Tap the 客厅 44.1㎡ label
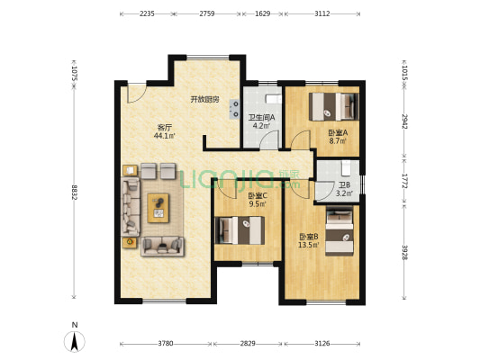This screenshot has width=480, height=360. [x=165, y=131]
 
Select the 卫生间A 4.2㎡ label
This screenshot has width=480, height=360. [x=261, y=121]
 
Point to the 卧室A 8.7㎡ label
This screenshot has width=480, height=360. [x=338, y=137]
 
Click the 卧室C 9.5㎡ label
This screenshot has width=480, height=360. [x=258, y=200]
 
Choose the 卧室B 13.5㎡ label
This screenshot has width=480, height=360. [x=309, y=240]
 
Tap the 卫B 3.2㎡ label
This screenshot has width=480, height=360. [x=344, y=189]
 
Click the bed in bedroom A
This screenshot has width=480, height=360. [x=334, y=106]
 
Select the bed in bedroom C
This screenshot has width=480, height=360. [x=240, y=230]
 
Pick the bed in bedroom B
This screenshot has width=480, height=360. [x=340, y=230]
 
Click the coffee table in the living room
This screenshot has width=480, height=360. [x=158, y=208]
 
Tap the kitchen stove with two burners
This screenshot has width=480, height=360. [x=234, y=110]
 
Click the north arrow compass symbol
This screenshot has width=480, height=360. [x=75, y=340]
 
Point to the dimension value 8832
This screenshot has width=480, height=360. [x=75, y=192]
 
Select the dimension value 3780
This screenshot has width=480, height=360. [x=166, y=344]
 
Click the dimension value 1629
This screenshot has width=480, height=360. [x=262, y=13]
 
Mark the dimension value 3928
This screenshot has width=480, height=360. [x=404, y=252]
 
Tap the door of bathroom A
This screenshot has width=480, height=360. [x=268, y=139]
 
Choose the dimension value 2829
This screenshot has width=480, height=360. [x=248, y=344]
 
